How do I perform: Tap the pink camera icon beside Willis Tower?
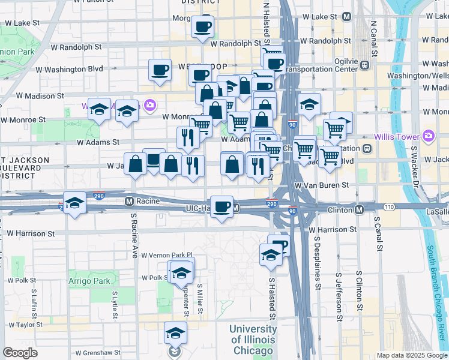tap(428, 136)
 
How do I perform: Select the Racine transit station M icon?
tap(128, 201)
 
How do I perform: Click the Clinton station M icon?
tap(359, 209)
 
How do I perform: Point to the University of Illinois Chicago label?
tap(252, 339)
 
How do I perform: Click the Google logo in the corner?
tap(20, 353)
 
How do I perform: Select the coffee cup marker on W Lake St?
tap(202, 27)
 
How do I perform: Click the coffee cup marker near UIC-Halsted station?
tap(222, 206)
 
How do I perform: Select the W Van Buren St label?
tap(321, 187)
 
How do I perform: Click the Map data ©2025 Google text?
tap(412, 355)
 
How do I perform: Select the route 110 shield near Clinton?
tap(389, 207)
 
